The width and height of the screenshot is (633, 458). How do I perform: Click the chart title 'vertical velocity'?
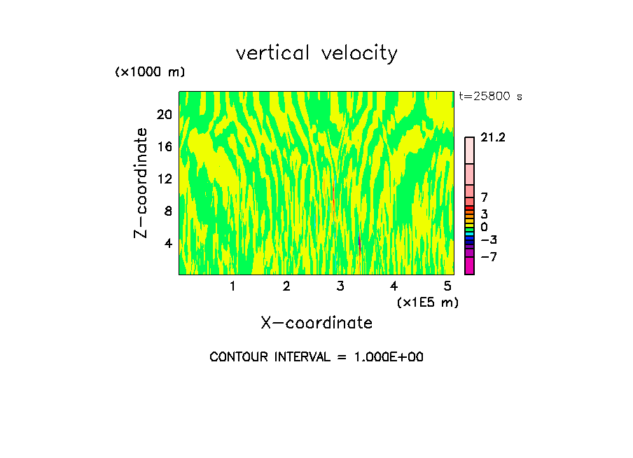[x=316, y=53]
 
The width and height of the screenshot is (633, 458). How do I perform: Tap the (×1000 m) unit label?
[x=150, y=73]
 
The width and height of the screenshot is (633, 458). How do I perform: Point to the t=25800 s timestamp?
[x=490, y=97]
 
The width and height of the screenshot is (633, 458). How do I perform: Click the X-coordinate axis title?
[x=316, y=323]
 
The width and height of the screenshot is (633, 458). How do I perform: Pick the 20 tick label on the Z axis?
[x=164, y=114]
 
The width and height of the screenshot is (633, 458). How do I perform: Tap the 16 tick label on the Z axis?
[x=164, y=146]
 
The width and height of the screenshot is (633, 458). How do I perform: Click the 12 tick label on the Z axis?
[x=164, y=179]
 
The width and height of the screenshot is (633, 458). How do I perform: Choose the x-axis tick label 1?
[x=232, y=286]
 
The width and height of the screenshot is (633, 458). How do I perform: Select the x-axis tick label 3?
[x=340, y=286]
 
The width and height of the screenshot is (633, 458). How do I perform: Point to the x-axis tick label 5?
[x=447, y=286]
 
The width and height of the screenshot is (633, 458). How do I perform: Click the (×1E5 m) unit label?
[x=428, y=302]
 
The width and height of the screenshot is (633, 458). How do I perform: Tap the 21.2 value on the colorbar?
[x=493, y=138]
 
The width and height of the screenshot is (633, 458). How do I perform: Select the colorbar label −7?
[x=488, y=257]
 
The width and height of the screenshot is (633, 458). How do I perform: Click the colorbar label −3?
[x=488, y=240]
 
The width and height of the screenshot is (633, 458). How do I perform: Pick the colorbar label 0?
[x=484, y=227]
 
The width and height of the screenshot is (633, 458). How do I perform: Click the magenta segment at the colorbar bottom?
[x=469, y=266]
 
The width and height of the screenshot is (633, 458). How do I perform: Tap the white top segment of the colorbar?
[x=469, y=150]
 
